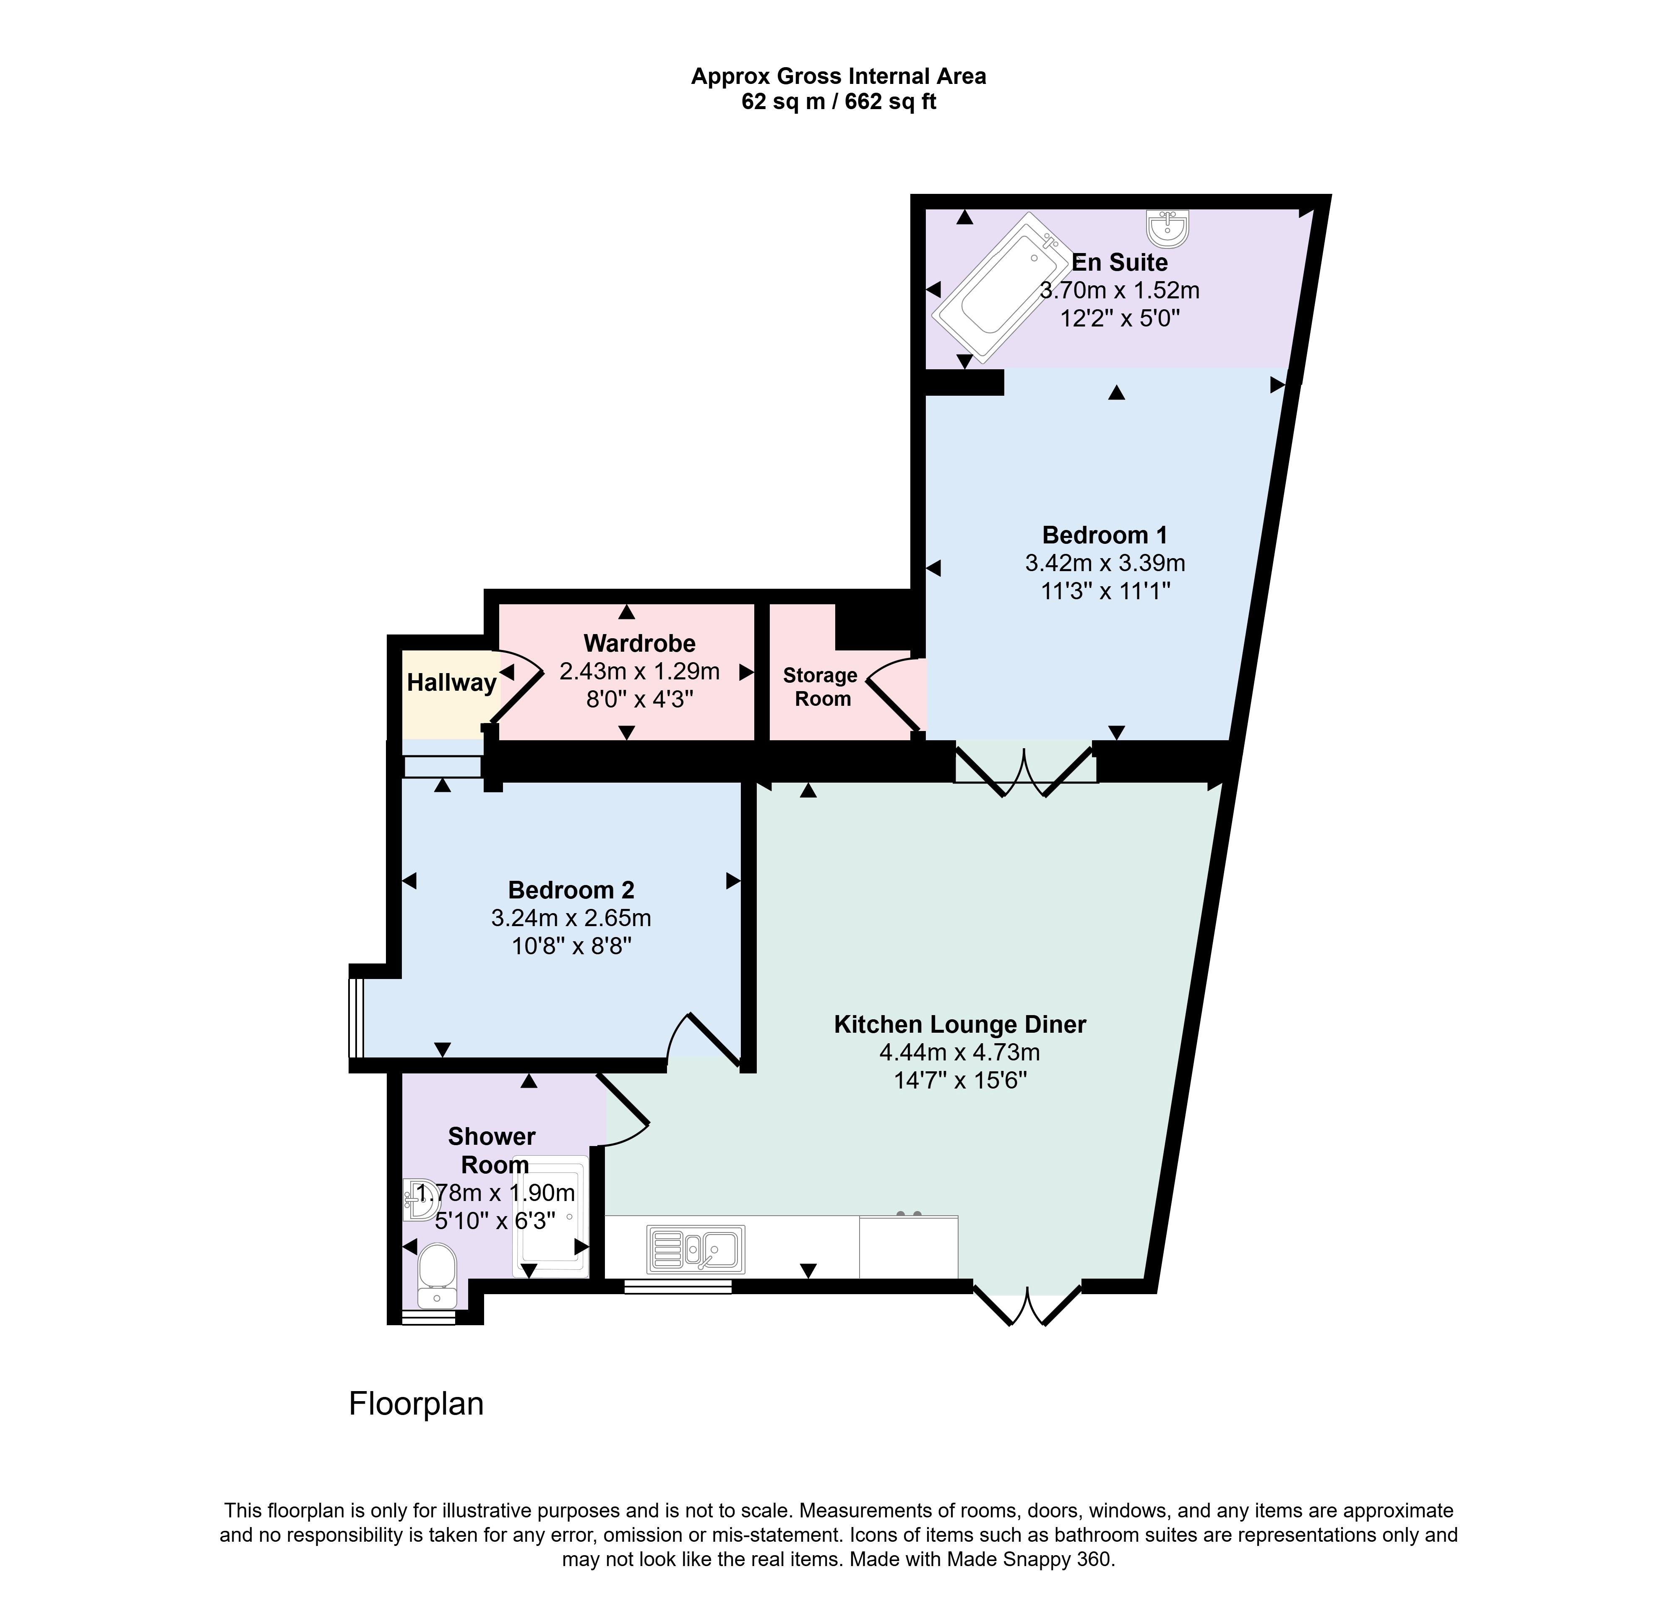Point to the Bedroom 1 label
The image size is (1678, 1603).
coord(1104,535)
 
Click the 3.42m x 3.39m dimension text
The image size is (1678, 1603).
coord(1105,563)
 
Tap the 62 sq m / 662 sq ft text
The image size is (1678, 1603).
coord(838,102)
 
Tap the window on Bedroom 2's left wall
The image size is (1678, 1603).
coord(356,1018)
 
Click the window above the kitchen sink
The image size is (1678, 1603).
coord(677,1286)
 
